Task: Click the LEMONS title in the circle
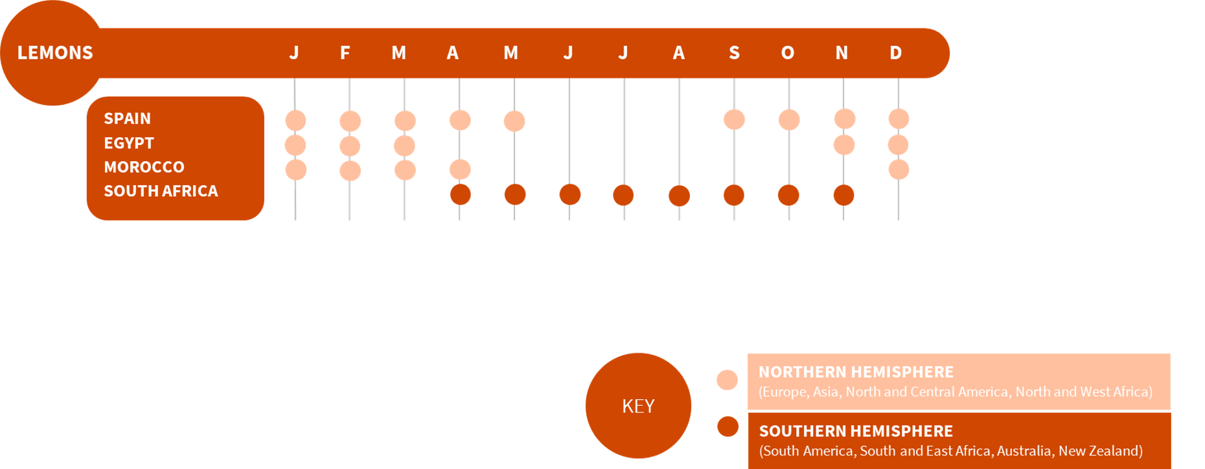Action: click(x=55, y=52)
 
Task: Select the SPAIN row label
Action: click(x=127, y=119)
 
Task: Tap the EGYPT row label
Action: click(x=129, y=143)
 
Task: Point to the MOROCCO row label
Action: click(x=144, y=167)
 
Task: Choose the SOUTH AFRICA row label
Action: click(x=161, y=191)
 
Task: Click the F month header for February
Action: click(x=345, y=52)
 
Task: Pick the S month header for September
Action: click(x=734, y=52)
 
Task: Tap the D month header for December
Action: click(x=896, y=52)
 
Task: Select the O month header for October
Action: click(x=788, y=52)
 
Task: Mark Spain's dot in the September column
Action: click(x=734, y=119)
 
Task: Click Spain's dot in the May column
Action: click(x=514, y=121)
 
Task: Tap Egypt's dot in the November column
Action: click(x=844, y=144)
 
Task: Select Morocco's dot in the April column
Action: click(x=460, y=170)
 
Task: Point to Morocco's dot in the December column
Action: click(x=899, y=170)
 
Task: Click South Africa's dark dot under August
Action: click(x=679, y=196)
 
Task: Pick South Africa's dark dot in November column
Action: click(x=843, y=195)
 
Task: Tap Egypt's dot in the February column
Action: click(x=350, y=146)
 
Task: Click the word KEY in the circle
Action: click(x=638, y=406)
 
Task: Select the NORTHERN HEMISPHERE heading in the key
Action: click(x=856, y=372)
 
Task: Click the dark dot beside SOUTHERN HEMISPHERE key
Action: click(x=728, y=426)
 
